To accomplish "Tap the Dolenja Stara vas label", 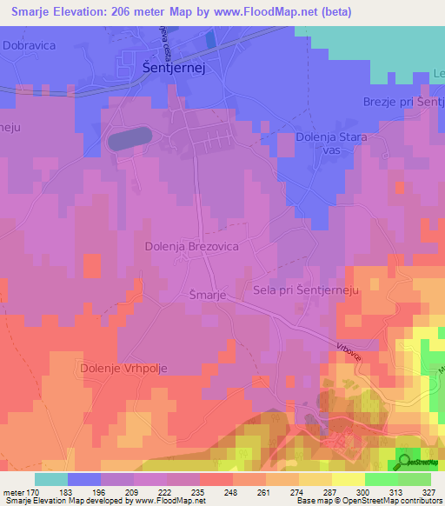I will pos(332,144).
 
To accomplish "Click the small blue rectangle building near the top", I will pos(209,39).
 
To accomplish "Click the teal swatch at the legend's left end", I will pos(51,478).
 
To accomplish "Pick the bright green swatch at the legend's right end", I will pos(414,478).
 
